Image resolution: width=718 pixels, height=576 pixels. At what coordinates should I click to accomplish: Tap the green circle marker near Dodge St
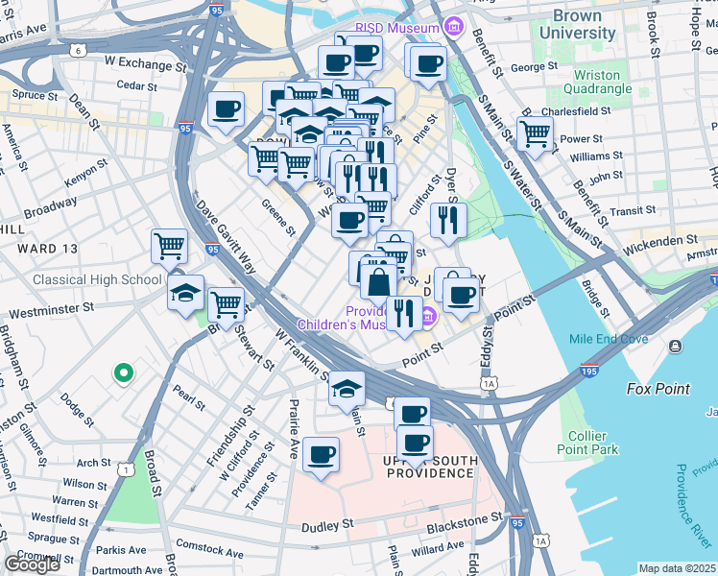[x=122, y=372]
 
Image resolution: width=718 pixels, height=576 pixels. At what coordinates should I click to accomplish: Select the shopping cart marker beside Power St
[x=535, y=133]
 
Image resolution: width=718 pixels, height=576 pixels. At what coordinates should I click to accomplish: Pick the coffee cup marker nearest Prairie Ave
[x=321, y=454]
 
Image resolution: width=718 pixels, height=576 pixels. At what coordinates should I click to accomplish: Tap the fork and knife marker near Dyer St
[x=448, y=220]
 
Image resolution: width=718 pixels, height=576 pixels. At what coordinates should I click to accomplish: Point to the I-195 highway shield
[x=589, y=370]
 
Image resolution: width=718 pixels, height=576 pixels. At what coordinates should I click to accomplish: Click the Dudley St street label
[x=328, y=525]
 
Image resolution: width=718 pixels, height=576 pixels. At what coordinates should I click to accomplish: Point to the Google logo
[x=32, y=564]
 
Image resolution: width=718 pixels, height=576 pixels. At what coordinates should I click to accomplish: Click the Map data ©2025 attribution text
[x=678, y=568]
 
